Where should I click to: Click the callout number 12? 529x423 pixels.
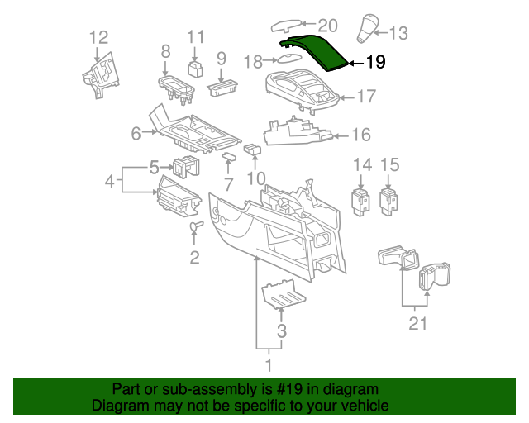tap(98, 36)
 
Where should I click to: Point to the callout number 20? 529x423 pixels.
tap(305, 25)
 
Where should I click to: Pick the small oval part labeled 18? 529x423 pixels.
tap(288, 59)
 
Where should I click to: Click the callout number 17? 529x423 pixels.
tap(366, 97)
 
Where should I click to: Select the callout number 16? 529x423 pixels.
tap(361, 135)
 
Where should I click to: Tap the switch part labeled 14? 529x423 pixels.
tap(361, 201)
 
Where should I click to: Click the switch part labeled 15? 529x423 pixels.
tap(388, 201)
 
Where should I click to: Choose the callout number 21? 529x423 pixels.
tap(418, 323)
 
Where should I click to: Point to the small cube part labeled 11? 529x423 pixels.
tap(196, 68)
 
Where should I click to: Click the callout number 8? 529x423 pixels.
tap(165, 51)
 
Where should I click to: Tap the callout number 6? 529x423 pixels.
tap(136, 133)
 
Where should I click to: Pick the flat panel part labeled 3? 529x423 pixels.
tap(280, 295)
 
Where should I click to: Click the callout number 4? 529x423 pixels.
tap(109, 180)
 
